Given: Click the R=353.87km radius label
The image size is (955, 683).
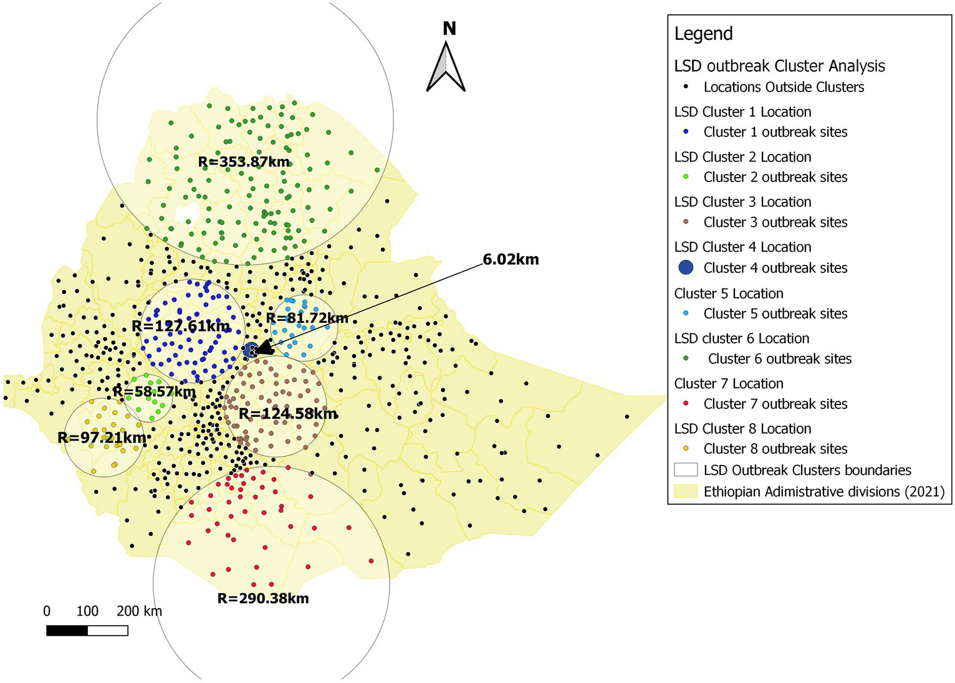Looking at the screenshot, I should (x=244, y=162).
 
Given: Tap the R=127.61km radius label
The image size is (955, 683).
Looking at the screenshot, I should (x=181, y=326).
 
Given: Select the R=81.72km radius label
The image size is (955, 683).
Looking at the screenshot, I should (x=307, y=318).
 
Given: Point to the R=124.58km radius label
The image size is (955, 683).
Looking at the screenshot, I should (x=288, y=414).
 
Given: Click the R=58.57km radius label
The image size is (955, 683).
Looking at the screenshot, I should (x=154, y=392).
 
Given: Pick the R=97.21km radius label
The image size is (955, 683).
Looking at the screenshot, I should (x=102, y=437).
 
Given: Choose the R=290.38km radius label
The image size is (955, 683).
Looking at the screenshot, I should (x=263, y=598).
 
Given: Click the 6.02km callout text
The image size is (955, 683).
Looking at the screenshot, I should (x=511, y=259).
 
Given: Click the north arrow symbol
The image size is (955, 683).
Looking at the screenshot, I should (x=446, y=67).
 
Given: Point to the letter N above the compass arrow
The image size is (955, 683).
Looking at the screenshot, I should (x=449, y=29).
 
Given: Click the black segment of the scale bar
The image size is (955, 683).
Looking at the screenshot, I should (x=67, y=631).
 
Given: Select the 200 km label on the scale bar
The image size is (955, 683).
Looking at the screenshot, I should (x=139, y=611).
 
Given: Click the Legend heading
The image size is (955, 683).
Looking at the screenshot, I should (x=703, y=34).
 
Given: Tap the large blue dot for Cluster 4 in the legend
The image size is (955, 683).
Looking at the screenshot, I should (x=686, y=267).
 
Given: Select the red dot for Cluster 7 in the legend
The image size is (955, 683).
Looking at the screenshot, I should (x=686, y=404).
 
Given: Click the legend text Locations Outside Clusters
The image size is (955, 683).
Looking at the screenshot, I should (x=784, y=87).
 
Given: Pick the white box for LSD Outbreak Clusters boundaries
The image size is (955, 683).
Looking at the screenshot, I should (x=686, y=469).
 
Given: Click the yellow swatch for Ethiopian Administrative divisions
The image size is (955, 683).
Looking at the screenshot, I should (x=686, y=491).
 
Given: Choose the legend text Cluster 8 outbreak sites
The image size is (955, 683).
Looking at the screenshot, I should (x=775, y=449).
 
